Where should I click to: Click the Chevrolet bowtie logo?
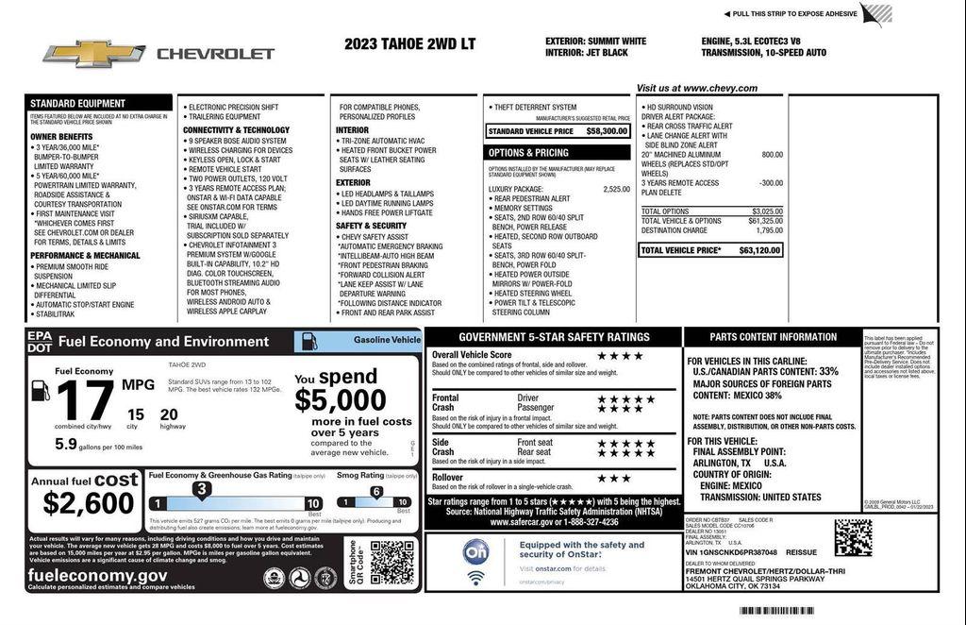click(x=93, y=54)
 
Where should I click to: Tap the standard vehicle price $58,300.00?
click(x=607, y=131)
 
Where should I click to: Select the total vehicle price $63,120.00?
click(x=760, y=250)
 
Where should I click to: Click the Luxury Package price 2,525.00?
click(x=616, y=189)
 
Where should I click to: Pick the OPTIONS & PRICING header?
click(x=528, y=152)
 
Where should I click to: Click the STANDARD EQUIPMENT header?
click(x=77, y=103)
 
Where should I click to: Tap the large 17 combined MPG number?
click(x=84, y=400)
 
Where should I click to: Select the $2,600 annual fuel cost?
click(x=90, y=502)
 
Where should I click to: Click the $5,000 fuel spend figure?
click(x=341, y=399)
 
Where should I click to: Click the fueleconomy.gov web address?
click(x=98, y=575)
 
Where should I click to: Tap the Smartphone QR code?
click(x=391, y=562)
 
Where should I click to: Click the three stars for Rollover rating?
click(x=613, y=478)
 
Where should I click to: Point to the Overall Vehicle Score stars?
click(x=620, y=356)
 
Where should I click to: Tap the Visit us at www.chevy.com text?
click(x=696, y=88)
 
